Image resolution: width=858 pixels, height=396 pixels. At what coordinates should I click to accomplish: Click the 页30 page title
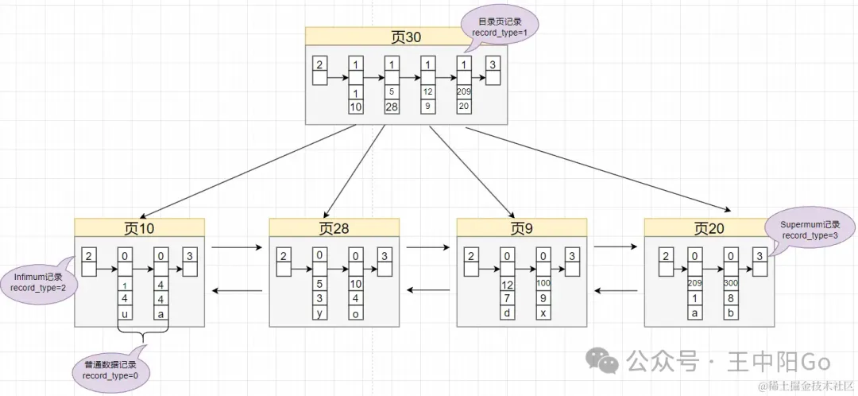[407, 37]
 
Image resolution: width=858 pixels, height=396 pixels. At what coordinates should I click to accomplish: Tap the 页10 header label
[139, 228]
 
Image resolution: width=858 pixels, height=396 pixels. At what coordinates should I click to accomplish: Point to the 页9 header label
[521, 228]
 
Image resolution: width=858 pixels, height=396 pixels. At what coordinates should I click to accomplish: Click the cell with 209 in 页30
[464, 91]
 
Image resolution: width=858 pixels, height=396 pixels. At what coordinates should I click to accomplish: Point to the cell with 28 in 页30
[391, 107]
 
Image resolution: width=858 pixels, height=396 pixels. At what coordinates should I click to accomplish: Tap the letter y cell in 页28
[319, 313]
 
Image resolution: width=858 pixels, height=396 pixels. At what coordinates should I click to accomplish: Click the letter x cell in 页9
[544, 313]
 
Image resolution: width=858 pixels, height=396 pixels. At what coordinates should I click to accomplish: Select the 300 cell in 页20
[731, 283]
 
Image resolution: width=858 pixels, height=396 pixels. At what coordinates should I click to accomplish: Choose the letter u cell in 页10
[125, 313]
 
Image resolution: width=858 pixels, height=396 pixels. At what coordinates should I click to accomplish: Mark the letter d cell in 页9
[506, 313]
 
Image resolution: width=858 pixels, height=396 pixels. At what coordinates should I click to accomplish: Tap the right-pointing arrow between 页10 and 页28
[236, 247]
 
